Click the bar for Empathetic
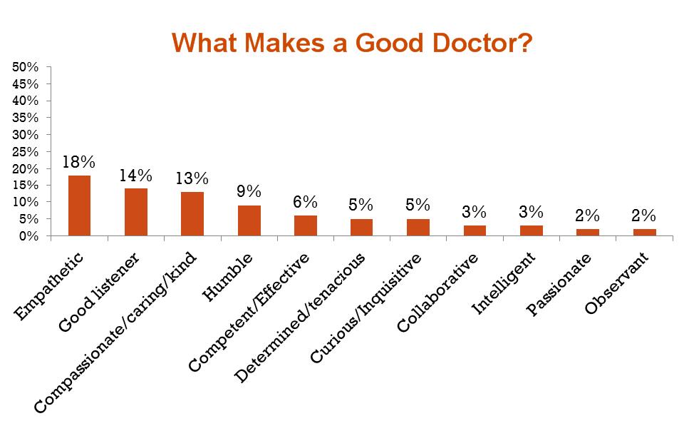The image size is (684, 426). pyautogui.click(x=79, y=206)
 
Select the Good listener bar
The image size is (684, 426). pyautogui.click(x=135, y=212)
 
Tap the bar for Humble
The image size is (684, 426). pyautogui.click(x=249, y=220)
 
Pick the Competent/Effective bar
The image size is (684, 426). pyautogui.click(x=305, y=225)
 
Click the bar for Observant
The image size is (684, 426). pyautogui.click(x=644, y=232)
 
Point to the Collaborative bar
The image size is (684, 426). pyautogui.click(x=475, y=230)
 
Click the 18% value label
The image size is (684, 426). pyautogui.click(x=79, y=162)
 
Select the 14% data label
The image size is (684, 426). pyautogui.click(x=135, y=176)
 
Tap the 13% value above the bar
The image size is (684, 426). pyautogui.click(x=192, y=178)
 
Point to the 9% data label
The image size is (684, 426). pyautogui.click(x=249, y=191)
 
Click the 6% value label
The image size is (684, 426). pyautogui.click(x=305, y=202)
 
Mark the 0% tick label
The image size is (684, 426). pyautogui.click(x=28, y=235)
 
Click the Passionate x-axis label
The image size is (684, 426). pyautogui.click(x=560, y=285)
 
